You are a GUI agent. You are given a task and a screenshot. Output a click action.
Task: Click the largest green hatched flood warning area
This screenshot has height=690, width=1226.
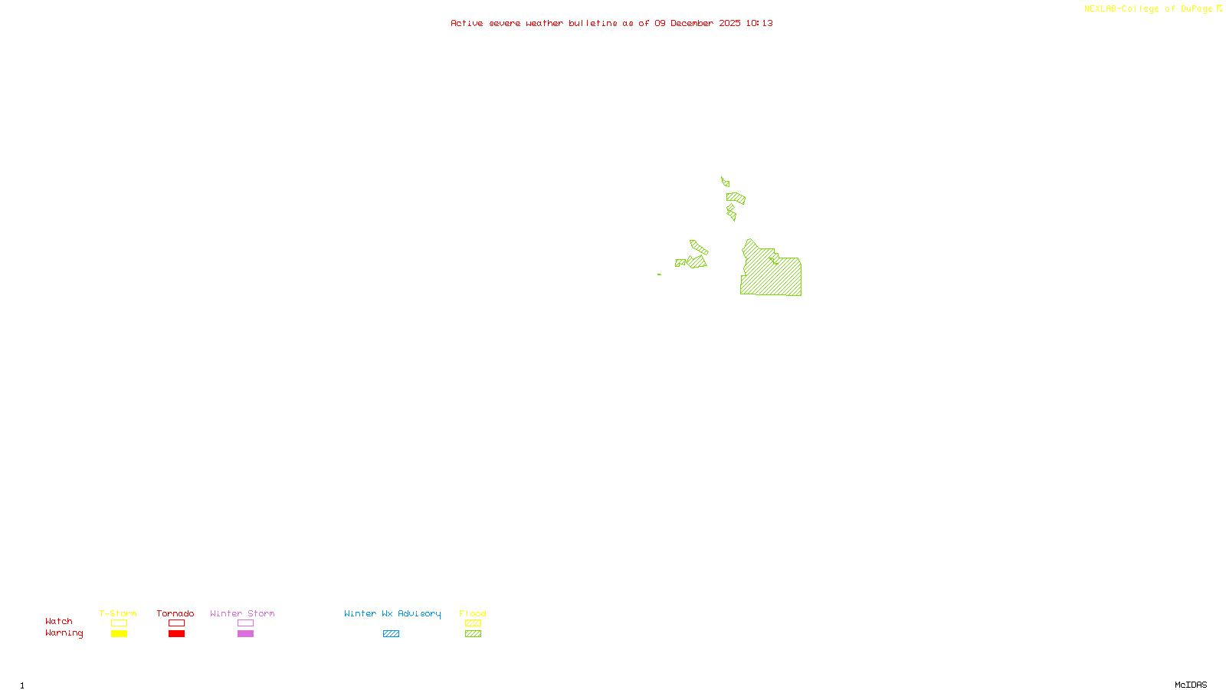click(772, 274)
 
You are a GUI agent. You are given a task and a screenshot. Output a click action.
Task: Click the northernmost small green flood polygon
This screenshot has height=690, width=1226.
click(725, 182)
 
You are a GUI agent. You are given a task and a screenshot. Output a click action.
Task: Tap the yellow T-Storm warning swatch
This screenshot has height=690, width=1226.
click(119, 634)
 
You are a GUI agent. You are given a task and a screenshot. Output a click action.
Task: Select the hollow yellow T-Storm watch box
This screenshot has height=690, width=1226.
click(119, 623)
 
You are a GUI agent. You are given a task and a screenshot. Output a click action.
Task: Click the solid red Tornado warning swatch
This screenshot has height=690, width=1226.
click(176, 634)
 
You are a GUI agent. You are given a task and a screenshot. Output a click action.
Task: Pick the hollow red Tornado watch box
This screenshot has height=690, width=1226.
click(176, 623)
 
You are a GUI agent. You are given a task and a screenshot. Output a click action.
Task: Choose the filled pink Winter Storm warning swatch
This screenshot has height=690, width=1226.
click(245, 634)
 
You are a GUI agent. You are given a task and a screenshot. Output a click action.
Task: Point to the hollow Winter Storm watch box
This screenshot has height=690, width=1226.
click(245, 623)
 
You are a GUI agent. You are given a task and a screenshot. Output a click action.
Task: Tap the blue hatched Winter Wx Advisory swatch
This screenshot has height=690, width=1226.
click(391, 634)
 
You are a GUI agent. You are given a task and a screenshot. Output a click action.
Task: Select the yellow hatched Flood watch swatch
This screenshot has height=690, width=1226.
click(473, 623)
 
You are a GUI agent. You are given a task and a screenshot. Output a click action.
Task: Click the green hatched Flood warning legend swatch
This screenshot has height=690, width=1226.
click(473, 634)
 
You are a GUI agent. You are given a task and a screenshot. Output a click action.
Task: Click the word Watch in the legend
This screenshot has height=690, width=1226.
click(59, 622)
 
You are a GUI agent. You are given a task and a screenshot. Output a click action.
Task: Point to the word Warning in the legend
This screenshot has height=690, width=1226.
click(64, 633)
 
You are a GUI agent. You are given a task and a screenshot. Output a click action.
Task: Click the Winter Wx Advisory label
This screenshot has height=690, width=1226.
click(392, 613)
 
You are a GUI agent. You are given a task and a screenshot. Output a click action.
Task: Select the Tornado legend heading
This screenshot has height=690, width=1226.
click(175, 613)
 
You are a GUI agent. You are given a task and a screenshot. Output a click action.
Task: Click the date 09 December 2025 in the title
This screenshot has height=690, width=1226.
click(697, 23)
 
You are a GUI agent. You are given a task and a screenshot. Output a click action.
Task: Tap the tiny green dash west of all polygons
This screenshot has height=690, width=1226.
click(659, 274)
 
